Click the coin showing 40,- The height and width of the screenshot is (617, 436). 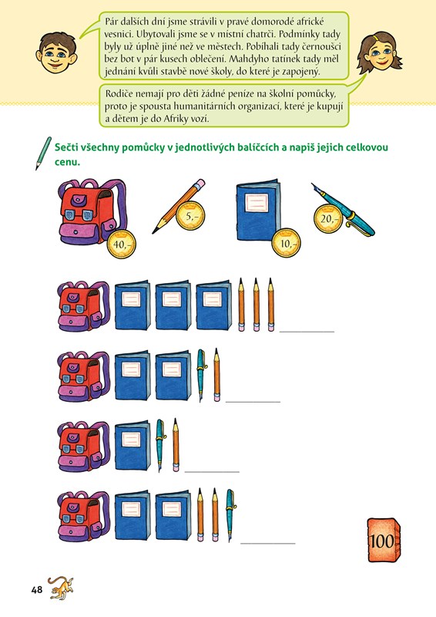tap(122, 244)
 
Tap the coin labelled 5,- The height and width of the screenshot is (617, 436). tap(190, 216)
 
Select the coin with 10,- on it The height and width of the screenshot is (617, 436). tap(287, 243)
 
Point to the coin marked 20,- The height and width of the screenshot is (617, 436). tap(328, 218)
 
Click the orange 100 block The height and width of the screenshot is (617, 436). tap(384, 541)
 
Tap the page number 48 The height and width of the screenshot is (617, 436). tap(36, 589)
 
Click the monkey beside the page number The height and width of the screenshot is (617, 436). tap(61, 588)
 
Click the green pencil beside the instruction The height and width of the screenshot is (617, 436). tap(44, 153)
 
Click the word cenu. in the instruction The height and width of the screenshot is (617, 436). tap(67, 162)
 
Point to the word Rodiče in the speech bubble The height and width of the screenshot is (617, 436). tap(119, 94)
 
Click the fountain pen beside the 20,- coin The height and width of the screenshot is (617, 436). tap(343, 210)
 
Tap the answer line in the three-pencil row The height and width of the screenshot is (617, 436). tap(307, 332)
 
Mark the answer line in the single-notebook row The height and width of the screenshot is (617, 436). tap(212, 471)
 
